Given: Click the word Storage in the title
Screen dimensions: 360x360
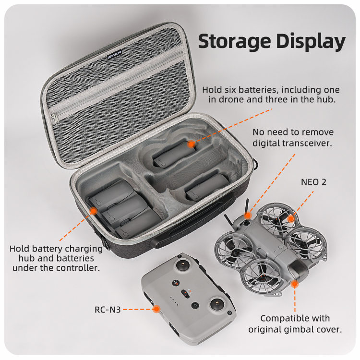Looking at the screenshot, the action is (234, 41).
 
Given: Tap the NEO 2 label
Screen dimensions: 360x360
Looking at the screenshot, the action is (313, 182).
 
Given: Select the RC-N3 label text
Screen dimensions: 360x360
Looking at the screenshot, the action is (108, 310).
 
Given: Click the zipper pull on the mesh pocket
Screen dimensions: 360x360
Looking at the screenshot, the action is (55, 120).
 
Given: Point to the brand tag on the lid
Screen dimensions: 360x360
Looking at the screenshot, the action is (115, 55).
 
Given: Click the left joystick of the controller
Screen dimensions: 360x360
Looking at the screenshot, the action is (183, 264).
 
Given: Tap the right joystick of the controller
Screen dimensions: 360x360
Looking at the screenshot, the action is (217, 304).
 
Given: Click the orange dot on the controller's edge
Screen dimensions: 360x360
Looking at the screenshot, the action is (156, 309).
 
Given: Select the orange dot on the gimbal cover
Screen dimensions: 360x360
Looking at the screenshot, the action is (295, 284).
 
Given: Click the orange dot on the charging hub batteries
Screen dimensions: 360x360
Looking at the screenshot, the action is (93, 211).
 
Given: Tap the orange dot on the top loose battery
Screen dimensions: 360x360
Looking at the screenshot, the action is (191, 144).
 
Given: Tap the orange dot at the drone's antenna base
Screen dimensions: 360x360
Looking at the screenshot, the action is (248, 216).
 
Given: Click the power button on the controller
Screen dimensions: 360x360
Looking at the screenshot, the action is (195, 305).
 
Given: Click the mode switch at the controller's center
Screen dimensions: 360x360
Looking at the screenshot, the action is (185, 294).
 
